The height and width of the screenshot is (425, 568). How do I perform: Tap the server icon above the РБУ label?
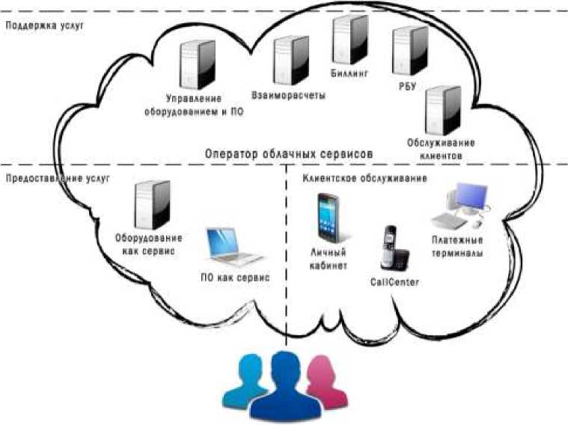tap(411, 50)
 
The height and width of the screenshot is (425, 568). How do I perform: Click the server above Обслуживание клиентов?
tap(440, 110)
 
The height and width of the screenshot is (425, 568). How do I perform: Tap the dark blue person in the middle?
tap(284, 385)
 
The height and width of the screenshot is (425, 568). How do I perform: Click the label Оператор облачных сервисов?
tap(288, 153)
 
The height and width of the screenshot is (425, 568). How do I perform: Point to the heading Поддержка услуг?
tap(44, 25)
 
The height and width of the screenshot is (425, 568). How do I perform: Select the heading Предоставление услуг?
tap(57, 179)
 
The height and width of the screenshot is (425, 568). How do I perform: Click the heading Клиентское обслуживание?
tap(364, 179)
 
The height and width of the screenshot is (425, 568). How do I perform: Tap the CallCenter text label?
tap(394, 282)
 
